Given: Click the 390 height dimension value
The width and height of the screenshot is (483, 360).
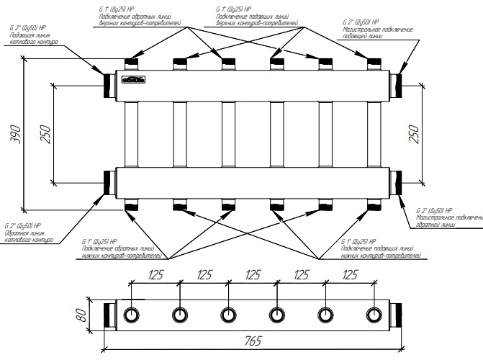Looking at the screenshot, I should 16,136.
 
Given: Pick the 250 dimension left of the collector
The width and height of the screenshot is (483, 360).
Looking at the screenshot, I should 45,133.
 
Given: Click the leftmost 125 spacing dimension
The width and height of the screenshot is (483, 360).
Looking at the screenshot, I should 155,275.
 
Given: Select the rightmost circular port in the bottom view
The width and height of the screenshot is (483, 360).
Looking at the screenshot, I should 374,315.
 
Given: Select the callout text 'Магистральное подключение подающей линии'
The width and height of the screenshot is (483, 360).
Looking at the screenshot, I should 377,34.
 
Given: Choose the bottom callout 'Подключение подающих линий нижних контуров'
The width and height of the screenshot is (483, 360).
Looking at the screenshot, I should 374,252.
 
